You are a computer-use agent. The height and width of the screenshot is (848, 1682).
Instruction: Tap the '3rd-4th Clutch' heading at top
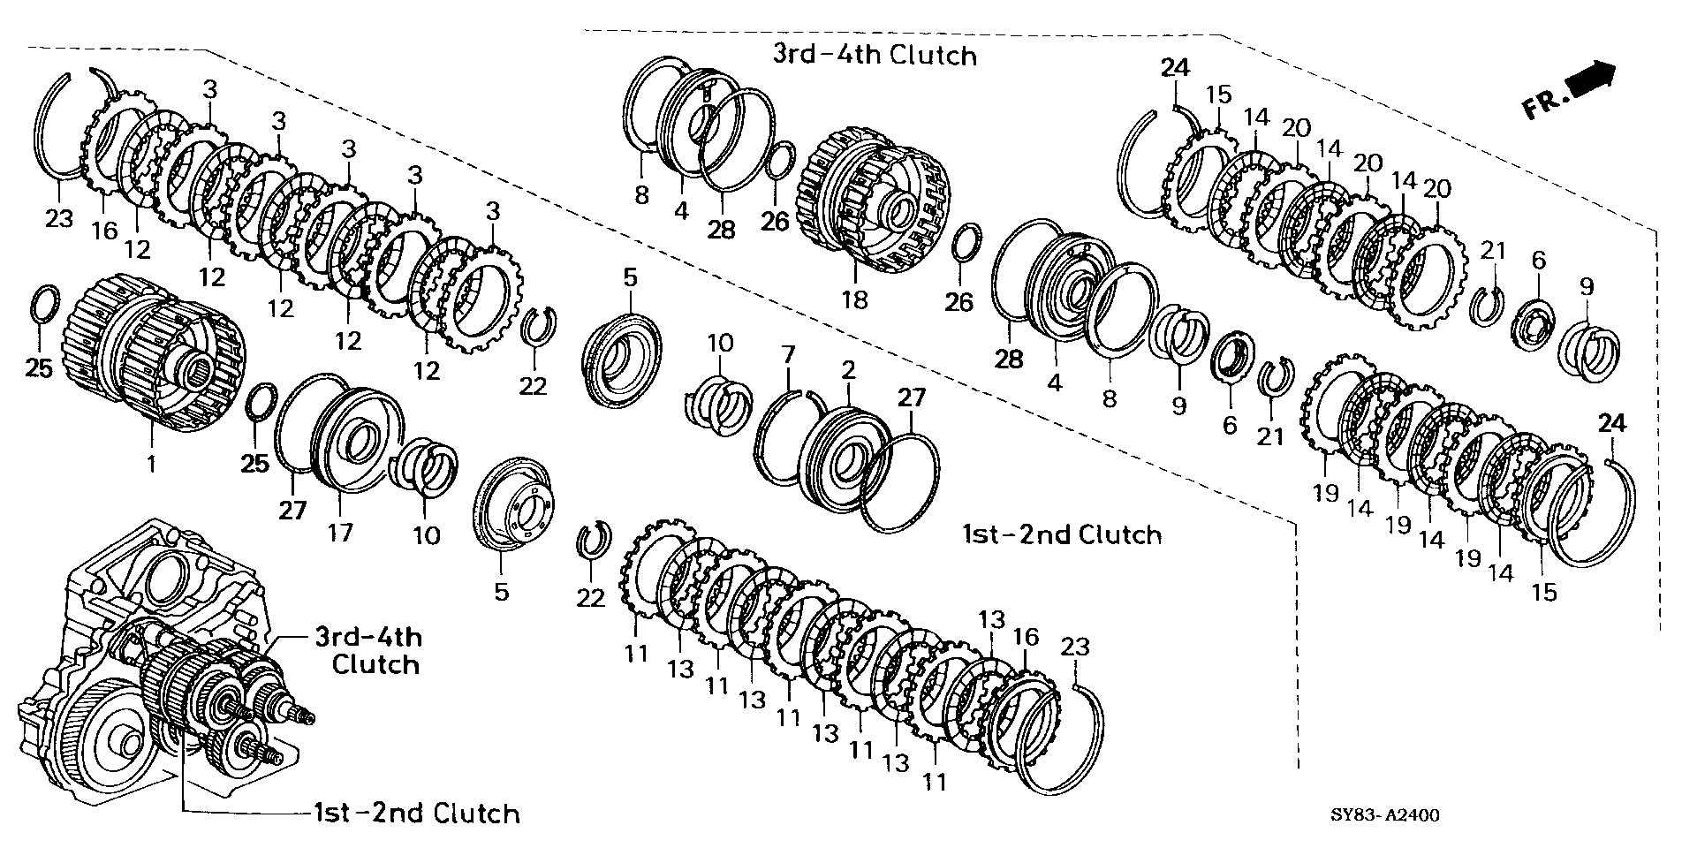click(x=875, y=55)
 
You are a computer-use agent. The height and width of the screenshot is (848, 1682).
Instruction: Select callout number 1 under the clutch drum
click(x=151, y=463)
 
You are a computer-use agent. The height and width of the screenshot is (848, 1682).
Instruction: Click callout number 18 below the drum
click(x=854, y=300)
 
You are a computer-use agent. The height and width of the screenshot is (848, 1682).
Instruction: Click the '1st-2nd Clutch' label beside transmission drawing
click(x=416, y=813)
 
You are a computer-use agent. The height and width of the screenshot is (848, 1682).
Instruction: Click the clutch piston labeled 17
click(x=349, y=437)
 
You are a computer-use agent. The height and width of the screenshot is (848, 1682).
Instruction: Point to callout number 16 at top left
click(x=104, y=231)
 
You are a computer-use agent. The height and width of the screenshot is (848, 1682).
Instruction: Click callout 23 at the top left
click(x=59, y=217)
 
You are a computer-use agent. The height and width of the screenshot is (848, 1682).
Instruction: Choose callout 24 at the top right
click(x=1176, y=68)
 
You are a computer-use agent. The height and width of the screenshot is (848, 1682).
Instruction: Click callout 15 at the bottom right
click(x=1543, y=592)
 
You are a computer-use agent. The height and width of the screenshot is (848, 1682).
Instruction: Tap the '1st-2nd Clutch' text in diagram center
click(x=1061, y=534)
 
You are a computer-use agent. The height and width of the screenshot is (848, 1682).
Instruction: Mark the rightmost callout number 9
click(x=1587, y=286)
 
